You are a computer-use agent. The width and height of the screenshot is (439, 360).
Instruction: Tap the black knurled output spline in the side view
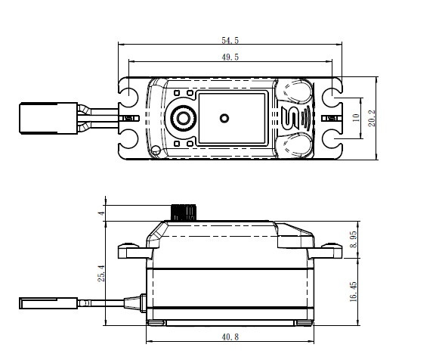click(184, 212)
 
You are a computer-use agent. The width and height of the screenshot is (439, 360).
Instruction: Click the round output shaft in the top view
click(182, 118)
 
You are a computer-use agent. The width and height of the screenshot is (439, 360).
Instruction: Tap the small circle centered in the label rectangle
click(224, 118)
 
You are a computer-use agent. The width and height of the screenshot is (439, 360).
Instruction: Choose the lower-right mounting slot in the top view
click(332, 139)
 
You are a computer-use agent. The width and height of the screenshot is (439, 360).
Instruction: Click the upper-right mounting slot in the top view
click(332, 98)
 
